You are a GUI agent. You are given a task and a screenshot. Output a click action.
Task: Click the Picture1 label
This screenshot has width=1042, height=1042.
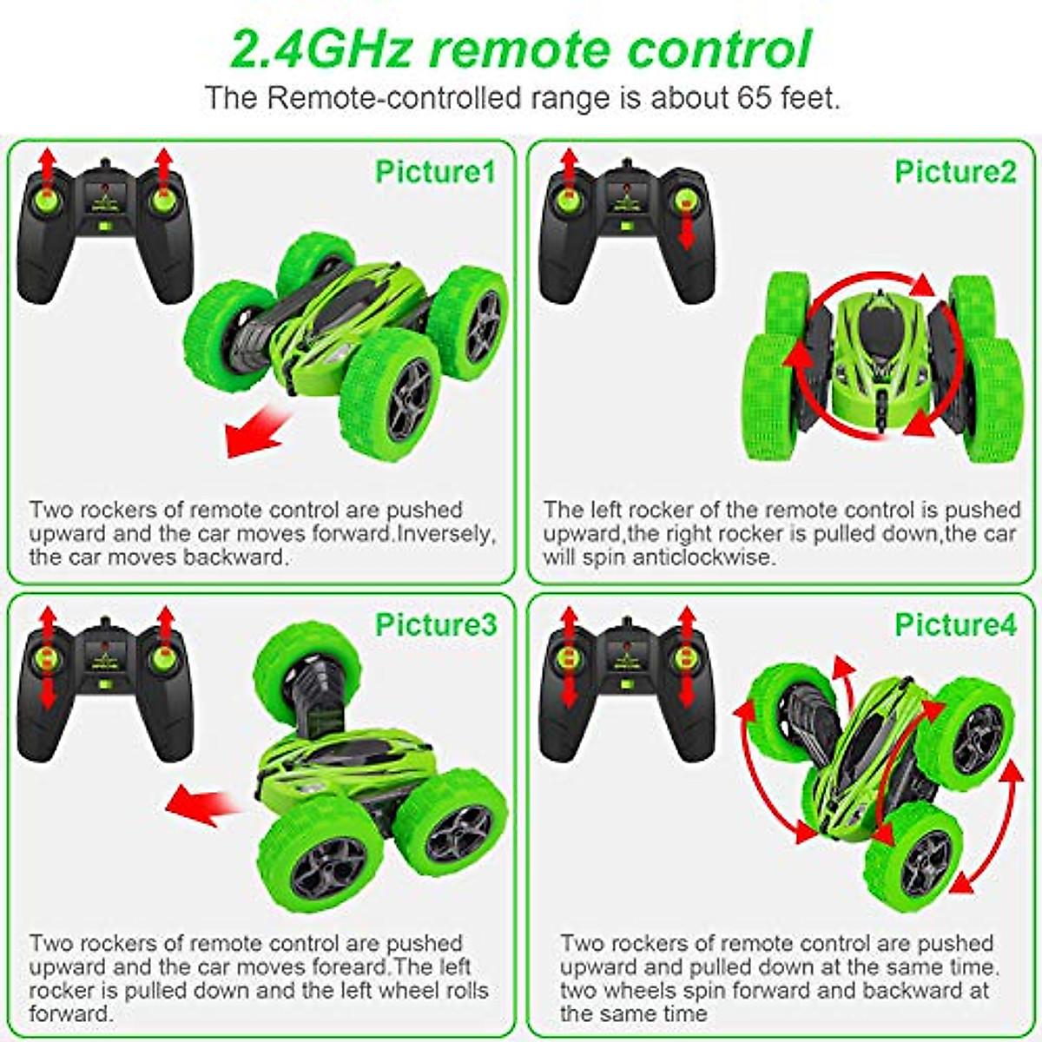434,172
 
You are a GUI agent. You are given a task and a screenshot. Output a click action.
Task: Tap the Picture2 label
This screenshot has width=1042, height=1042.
955,172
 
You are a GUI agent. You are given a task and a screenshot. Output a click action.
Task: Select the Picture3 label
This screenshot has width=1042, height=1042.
436,624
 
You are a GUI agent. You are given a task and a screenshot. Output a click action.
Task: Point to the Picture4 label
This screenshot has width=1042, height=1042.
955,624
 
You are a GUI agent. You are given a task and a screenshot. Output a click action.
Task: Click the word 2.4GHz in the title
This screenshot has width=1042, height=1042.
320,49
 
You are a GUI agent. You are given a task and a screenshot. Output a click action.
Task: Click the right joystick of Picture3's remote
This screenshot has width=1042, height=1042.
163,657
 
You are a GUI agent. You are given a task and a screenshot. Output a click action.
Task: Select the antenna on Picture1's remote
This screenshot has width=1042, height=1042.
105,164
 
